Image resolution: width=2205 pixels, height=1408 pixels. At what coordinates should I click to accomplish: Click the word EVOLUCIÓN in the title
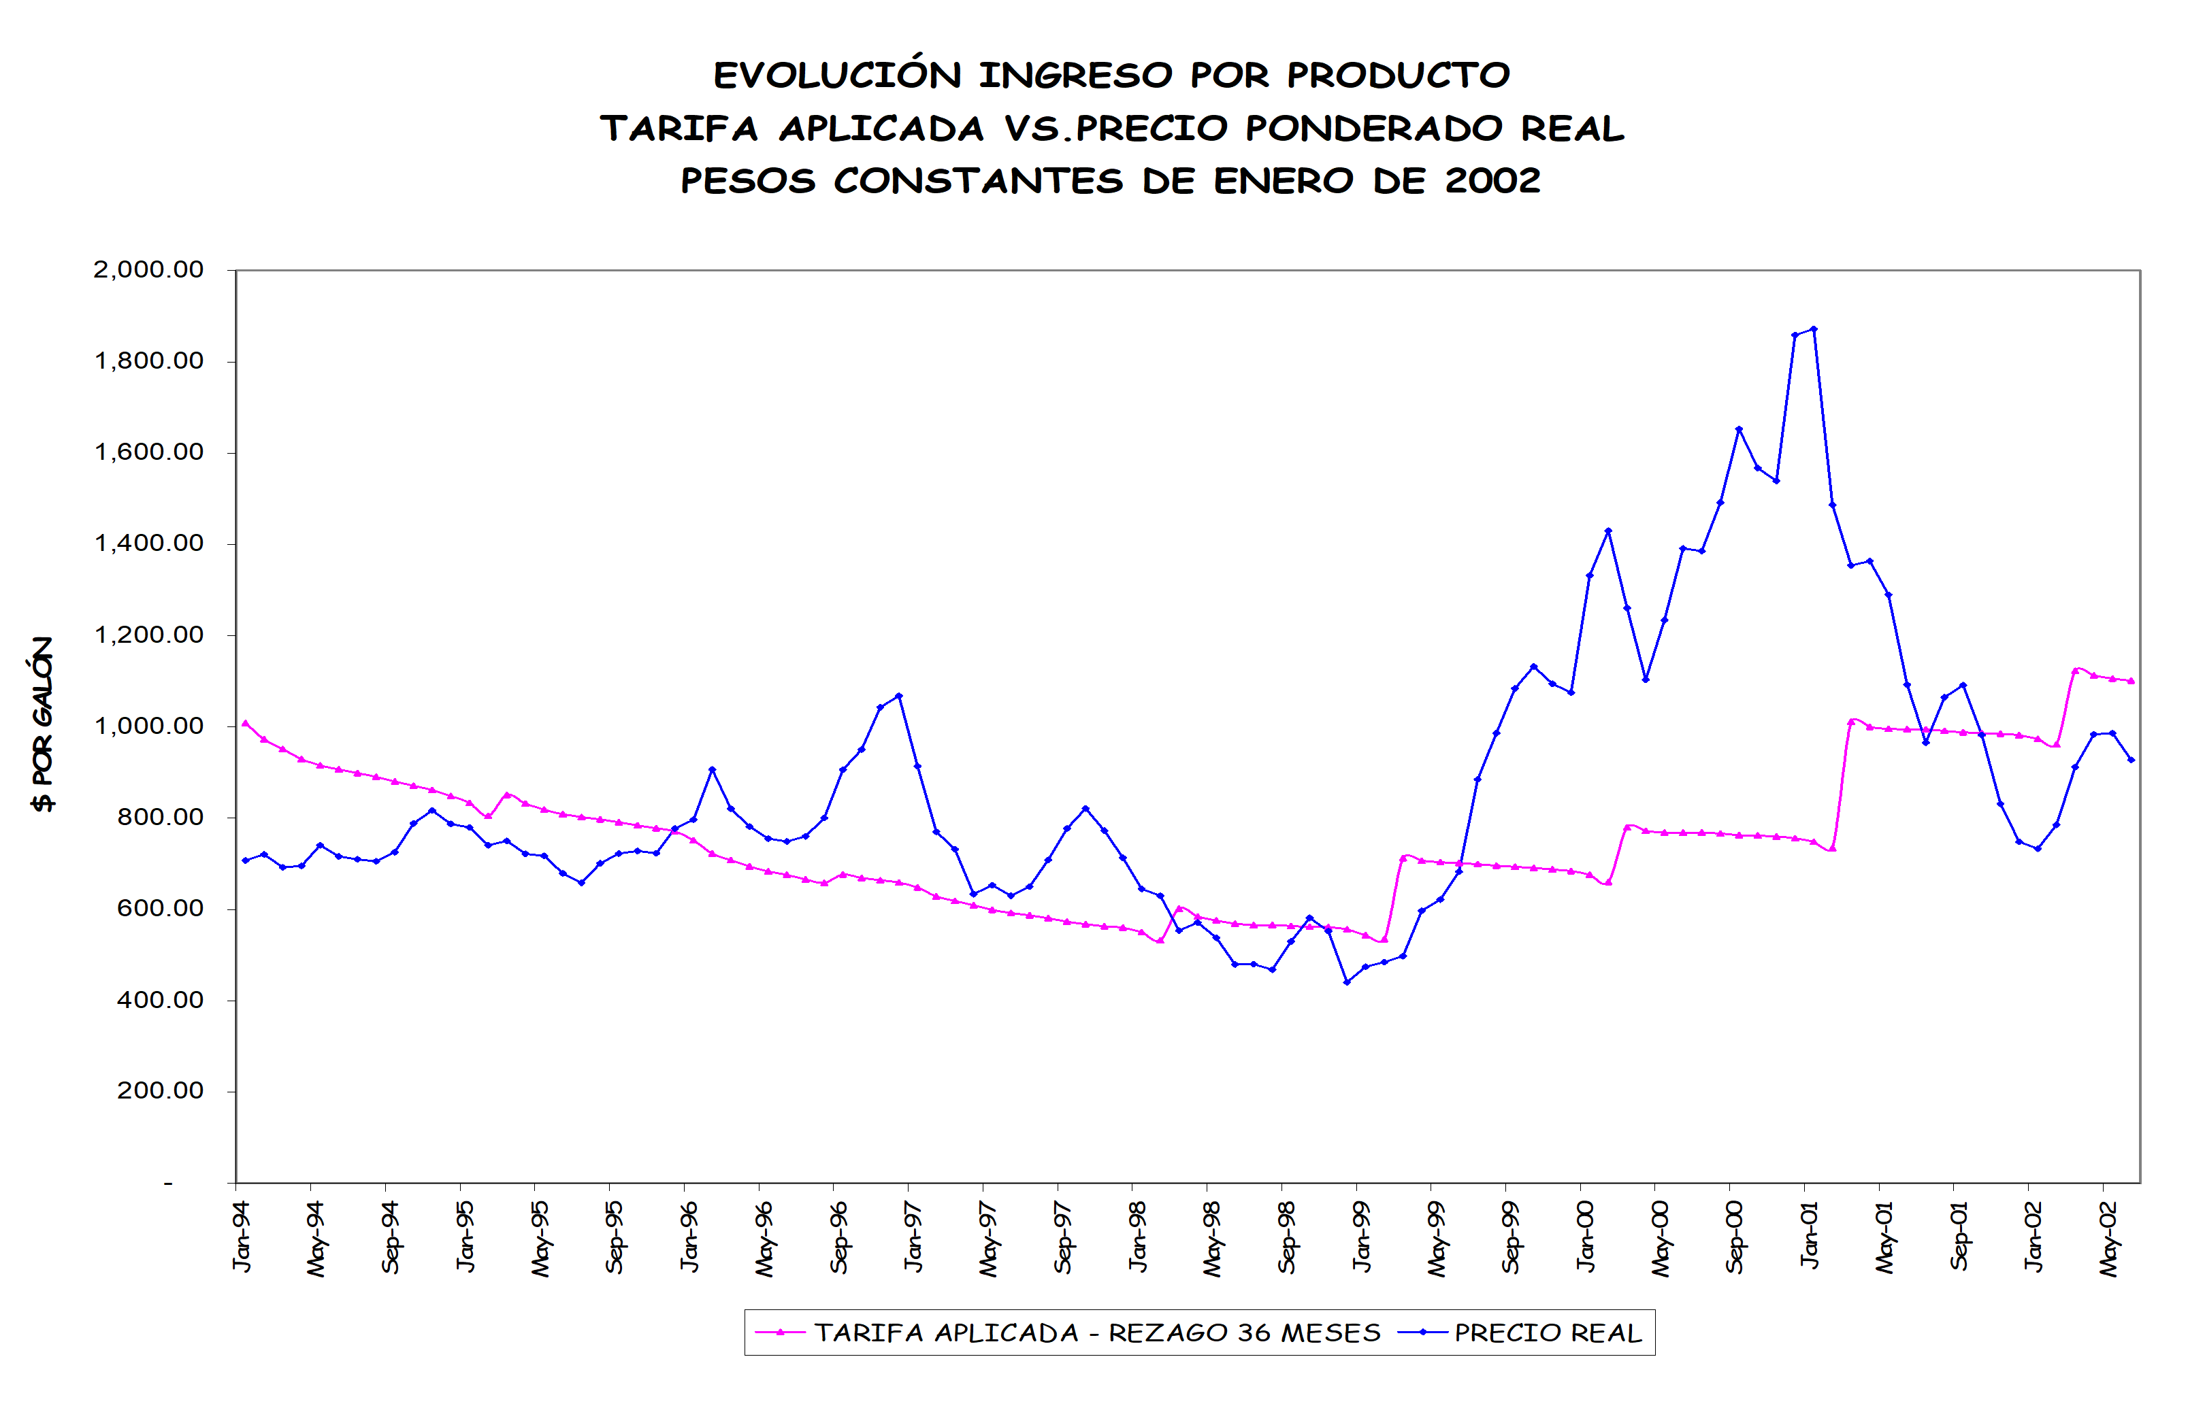click(x=837, y=75)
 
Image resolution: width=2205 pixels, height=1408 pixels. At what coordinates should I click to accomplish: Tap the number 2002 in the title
click(x=1492, y=180)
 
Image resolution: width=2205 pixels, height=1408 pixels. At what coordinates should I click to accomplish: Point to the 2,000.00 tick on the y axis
click(x=148, y=269)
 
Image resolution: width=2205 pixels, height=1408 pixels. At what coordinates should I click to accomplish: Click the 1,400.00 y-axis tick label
click(x=148, y=543)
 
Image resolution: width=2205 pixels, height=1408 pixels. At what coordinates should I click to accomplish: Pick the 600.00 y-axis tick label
click(x=159, y=908)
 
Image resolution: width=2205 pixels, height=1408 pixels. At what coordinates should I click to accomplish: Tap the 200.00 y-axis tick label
click(x=159, y=1090)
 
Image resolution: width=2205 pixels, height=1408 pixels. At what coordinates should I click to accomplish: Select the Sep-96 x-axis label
click(x=838, y=1238)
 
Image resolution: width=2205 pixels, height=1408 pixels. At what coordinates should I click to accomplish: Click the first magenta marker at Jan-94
click(x=244, y=723)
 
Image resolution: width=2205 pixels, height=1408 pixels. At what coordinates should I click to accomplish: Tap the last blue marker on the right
click(x=2131, y=760)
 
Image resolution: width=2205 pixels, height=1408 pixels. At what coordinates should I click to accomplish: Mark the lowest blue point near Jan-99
click(x=1346, y=982)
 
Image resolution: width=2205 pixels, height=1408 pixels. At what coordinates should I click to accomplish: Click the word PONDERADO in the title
click(x=1373, y=128)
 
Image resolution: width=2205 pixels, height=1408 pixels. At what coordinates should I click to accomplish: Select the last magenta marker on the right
click(x=2131, y=681)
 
